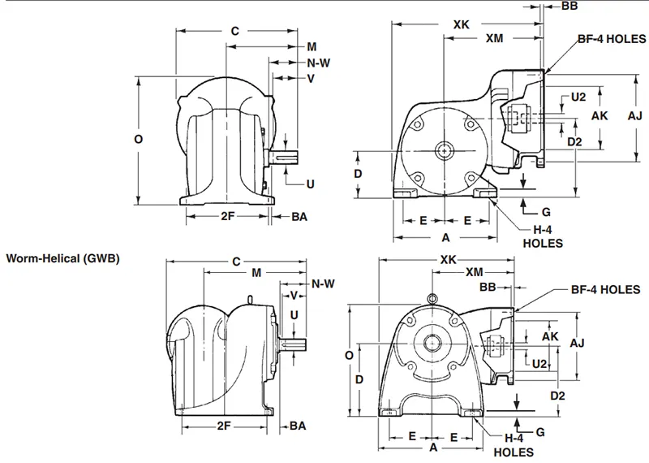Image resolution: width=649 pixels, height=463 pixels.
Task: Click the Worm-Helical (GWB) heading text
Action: pos(63,259)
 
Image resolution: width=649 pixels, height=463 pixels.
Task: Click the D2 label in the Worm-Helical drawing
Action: pos(557,395)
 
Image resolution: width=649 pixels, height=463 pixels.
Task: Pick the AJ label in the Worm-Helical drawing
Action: pos(577,344)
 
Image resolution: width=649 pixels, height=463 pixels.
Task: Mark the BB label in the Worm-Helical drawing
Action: pos(487,288)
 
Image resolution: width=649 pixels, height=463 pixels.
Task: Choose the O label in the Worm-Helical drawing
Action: pos(348,355)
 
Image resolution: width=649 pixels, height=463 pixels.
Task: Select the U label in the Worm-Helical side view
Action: pos(294,314)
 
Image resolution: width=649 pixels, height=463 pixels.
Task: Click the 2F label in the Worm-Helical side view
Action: pos(222,426)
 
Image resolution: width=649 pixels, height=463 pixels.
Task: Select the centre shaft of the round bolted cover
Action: pos(444,149)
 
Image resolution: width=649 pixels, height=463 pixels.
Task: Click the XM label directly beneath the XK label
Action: pos(492,38)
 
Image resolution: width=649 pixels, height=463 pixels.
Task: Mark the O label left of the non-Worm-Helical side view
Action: pos(138,139)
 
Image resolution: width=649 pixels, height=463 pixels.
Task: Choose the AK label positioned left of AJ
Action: pos(600,116)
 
